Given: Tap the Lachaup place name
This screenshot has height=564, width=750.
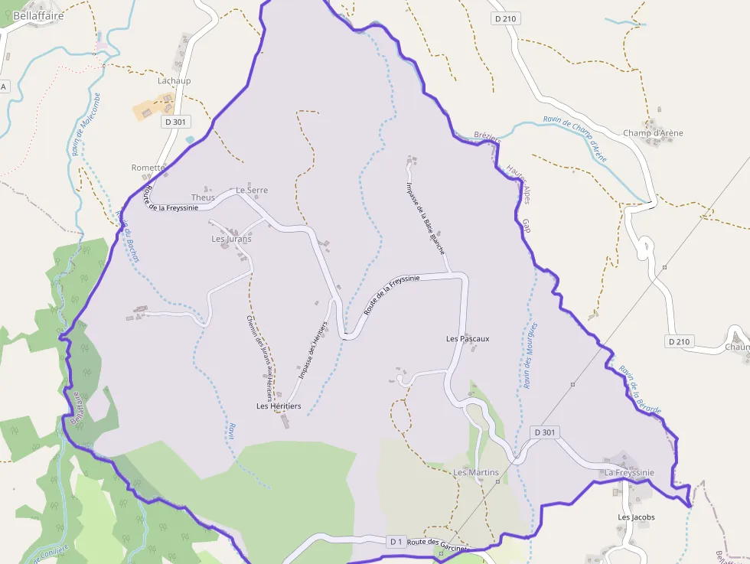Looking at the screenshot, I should click(174, 80).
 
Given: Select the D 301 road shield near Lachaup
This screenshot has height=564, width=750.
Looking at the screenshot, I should click(175, 122).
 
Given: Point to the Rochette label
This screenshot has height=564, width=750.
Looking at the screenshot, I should click(148, 168).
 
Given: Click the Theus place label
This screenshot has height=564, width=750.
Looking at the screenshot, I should click(203, 197).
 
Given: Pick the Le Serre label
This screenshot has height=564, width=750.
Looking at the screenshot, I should click(252, 190).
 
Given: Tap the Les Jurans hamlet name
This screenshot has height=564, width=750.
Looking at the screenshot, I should click(231, 239).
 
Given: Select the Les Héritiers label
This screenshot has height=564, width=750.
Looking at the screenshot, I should click(279, 406).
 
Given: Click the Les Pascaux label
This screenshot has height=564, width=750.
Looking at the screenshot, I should click(468, 338).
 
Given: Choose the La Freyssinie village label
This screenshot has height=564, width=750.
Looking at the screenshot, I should click(629, 473).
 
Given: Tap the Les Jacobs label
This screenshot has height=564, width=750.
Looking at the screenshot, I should click(636, 517).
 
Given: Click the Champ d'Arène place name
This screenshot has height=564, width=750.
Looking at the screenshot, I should click(653, 133).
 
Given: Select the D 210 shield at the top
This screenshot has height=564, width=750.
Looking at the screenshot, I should click(507, 18).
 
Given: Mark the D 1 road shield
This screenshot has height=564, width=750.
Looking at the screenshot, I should click(396, 542).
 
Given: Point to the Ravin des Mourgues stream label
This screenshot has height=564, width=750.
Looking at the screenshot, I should click(528, 355).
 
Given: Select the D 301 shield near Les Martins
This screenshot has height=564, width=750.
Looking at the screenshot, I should click(544, 432).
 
